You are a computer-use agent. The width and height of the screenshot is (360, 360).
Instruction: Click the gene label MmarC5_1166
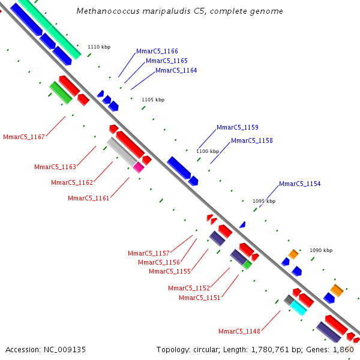[157, 52]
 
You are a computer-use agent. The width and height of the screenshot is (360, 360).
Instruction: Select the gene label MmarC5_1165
[166, 61]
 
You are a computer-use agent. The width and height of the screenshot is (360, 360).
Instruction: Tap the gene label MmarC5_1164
[176, 71]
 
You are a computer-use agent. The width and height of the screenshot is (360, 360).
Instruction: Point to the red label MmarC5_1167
[24, 137]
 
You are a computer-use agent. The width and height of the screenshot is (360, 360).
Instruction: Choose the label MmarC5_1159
[237, 128]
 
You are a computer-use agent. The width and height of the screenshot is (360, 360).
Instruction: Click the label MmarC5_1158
[251, 141]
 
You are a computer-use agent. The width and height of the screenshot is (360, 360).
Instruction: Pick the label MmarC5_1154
[299, 184]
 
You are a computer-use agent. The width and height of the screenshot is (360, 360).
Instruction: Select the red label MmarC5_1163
[55, 167]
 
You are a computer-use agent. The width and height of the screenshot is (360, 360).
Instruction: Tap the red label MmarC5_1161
[89, 199]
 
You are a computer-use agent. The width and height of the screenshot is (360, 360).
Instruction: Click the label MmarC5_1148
[239, 332]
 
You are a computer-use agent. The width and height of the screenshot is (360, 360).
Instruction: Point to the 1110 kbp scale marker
[99, 47]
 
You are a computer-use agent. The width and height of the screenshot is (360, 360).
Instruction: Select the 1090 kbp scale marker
[321, 250]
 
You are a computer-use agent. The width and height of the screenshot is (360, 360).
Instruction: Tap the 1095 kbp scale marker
[264, 202]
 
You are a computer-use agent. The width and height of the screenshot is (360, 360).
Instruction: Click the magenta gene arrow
[139, 167]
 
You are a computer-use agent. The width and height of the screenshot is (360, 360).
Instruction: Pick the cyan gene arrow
[298, 308]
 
